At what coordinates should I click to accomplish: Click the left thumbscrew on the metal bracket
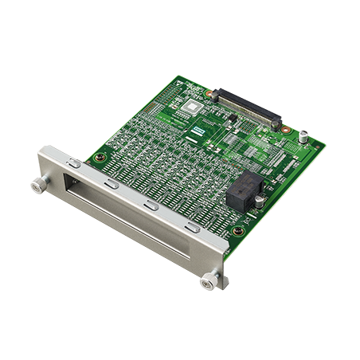pos(37,186)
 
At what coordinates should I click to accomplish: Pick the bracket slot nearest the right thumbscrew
pos(193,228)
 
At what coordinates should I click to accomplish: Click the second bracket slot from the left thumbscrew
pos(112,183)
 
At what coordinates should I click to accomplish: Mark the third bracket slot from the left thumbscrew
pos(151,205)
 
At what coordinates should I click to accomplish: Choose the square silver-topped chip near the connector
pos(191,108)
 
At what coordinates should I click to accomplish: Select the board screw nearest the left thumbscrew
pos(99,158)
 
